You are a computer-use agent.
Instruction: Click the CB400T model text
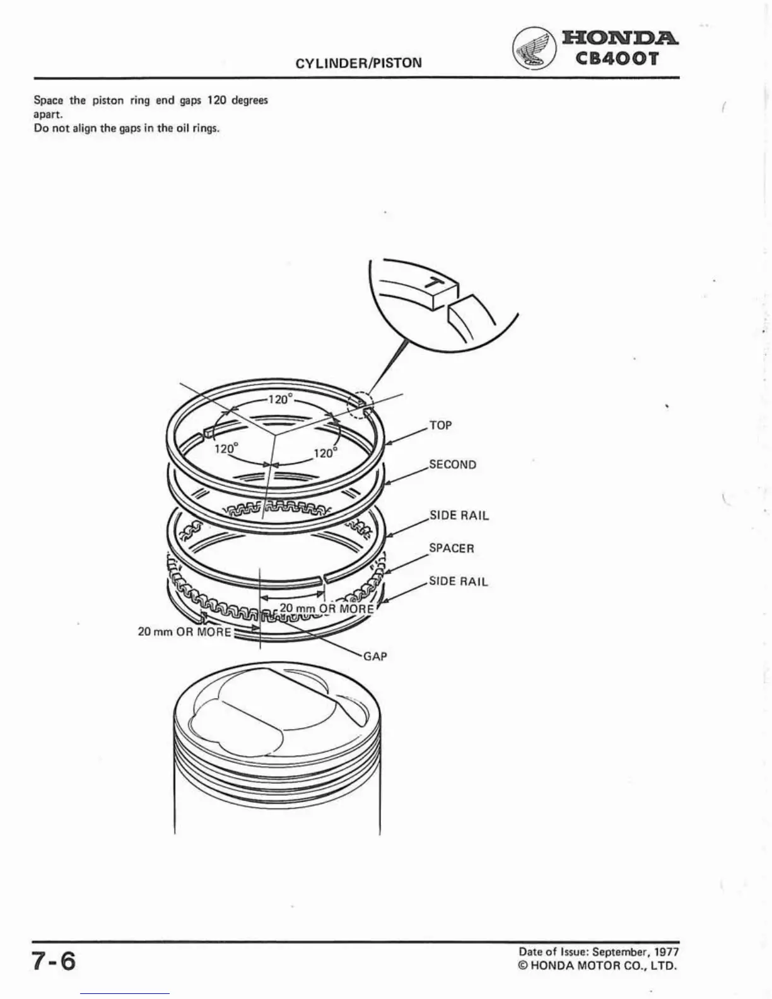point(617,59)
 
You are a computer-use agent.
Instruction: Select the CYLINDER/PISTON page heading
point(358,62)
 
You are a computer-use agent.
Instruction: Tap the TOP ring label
point(440,426)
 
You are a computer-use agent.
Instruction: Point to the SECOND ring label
point(452,465)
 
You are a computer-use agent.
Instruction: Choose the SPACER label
point(451,548)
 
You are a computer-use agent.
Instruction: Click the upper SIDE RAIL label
point(459,515)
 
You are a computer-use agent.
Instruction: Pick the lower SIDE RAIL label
point(458,581)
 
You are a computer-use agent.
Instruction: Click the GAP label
point(375,657)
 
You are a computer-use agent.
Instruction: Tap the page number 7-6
point(54,961)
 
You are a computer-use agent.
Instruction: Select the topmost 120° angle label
point(281,399)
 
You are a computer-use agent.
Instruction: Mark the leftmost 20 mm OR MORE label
point(184,631)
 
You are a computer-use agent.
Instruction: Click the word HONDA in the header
point(620,38)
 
